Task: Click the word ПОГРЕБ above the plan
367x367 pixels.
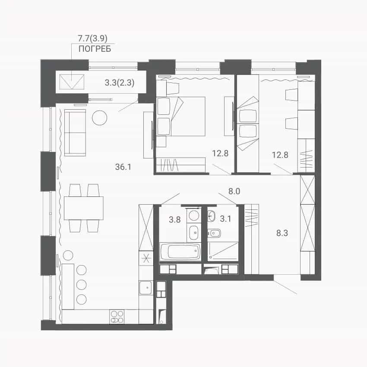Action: [95, 49]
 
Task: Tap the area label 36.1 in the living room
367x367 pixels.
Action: [123, 167]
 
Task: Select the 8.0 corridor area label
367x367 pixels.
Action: [234, 191]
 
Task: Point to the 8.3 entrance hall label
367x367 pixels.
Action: [282, 233]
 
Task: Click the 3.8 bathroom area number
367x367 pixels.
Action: [174, 219]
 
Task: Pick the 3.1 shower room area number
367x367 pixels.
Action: [225, 218]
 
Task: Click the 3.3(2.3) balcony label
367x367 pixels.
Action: [120, 82]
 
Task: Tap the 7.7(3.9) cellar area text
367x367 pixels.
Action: [92, 38]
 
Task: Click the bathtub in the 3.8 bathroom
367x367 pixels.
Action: [180, 251]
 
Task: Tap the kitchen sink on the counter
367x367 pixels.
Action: [146, 288]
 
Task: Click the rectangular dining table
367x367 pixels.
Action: [84, 208]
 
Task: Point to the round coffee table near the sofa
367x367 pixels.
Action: [99, 118]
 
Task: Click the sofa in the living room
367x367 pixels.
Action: [75, 133]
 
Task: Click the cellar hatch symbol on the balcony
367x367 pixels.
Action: [72, 82]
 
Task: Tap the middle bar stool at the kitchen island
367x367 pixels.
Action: [82, 285]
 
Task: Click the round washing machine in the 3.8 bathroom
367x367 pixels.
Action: [194, 215]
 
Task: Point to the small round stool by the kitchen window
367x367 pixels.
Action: [68, 255]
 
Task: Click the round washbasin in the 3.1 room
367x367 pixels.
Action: [212, 215]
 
